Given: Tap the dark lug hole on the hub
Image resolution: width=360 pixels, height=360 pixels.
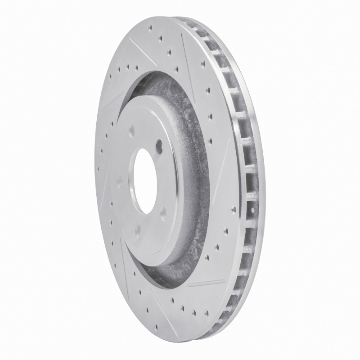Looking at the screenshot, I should [x=159, y=145].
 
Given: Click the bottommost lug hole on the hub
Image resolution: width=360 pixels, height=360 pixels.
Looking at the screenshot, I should [x=137, y=230].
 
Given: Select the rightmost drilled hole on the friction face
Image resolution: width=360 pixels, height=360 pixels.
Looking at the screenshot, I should [x=234, y=209].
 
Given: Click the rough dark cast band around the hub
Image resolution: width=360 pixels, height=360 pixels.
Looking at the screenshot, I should [x=193, y=180].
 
